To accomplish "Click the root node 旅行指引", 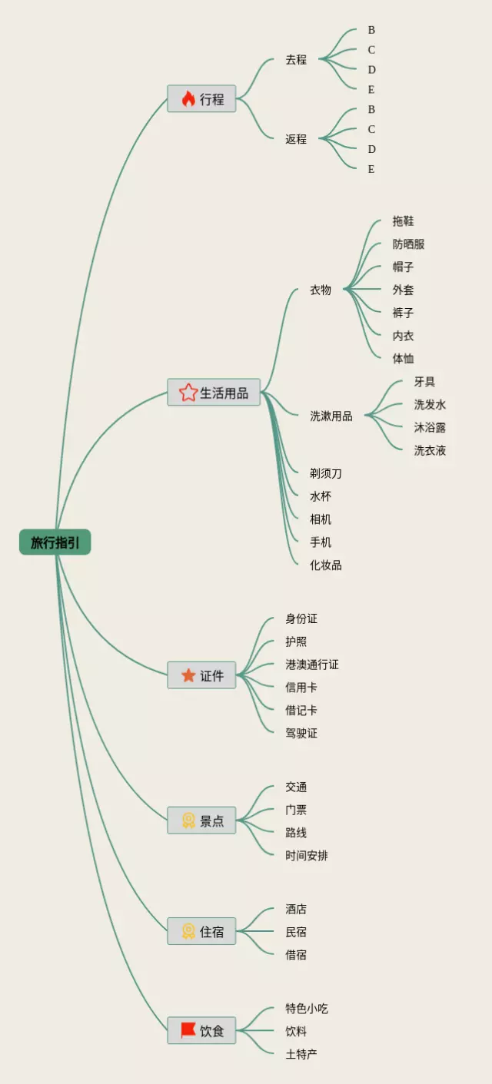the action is pyautogui.click(x=55, y=542).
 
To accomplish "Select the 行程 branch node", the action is pyautogui.click(x=201, y=99).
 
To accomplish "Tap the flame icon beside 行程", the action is pyautogui.click(x=188, y=99).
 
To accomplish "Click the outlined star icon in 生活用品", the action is pyautogui.click(x=188, y=393).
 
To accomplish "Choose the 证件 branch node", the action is pyautogui.click(x=201, y=675).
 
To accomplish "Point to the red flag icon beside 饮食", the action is pyautogui.click(x=188, y=1030).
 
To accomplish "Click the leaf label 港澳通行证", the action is pyautogui.click(x=312, y=665).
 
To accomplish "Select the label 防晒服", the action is pyautogui.click(x=408, y=244).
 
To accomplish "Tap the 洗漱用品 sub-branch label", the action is pyautogui.click(x=331, y=416).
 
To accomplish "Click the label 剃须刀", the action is pyautogui.click(x=326, y=473).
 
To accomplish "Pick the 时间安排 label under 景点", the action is pyautogui.click(x=307, y=856).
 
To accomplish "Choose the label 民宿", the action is pyautogui.click(x=296, y=932).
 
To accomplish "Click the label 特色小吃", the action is pyautogui.click(x=307, y=1009).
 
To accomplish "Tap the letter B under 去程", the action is pyautogui.click(x=371, y=30).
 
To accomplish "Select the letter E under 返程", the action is pyautogui.click(x=371, y=169).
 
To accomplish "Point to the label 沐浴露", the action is pyautogui.click(x=430, y=428).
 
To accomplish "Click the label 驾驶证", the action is pyautogui.click(x=301, y=733).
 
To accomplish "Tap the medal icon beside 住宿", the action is pyautogui.click(x=188, y=931).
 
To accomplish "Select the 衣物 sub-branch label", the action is pyautogui.click(x=321, y=290).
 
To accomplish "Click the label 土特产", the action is pyautogui.click(x=301, y=1054).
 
